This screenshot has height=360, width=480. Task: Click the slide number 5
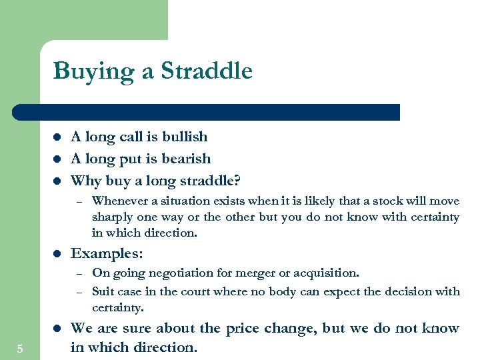[x=20, y=349]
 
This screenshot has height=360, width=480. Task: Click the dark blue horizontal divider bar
[x=207, y=112]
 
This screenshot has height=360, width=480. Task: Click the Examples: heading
[x=106, y=253]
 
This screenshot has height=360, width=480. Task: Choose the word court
[x=225, y=291]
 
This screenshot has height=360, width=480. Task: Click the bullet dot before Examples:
[x=57, y=254]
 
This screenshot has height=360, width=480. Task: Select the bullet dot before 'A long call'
[x=57, y=137]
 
